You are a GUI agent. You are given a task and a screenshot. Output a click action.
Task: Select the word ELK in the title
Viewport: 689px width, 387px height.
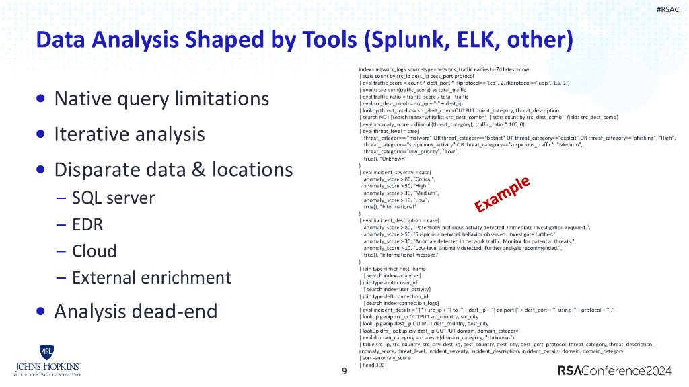484,41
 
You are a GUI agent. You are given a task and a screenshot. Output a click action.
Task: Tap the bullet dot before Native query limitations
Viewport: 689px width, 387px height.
42,99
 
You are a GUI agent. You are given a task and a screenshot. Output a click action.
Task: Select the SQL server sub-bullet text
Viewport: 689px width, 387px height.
113,198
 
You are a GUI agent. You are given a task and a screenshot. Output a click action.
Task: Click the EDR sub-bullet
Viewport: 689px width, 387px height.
87,224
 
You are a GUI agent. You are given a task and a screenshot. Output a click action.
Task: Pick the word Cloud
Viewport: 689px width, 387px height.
94,251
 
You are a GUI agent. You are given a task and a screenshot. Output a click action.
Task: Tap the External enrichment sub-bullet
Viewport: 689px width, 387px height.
151,277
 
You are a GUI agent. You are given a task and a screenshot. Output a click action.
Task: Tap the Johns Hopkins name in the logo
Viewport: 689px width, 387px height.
46,367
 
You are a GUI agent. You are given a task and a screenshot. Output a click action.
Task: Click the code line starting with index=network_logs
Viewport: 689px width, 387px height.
444,69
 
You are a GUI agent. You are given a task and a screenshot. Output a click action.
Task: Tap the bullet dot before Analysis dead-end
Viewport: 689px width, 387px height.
42,312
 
